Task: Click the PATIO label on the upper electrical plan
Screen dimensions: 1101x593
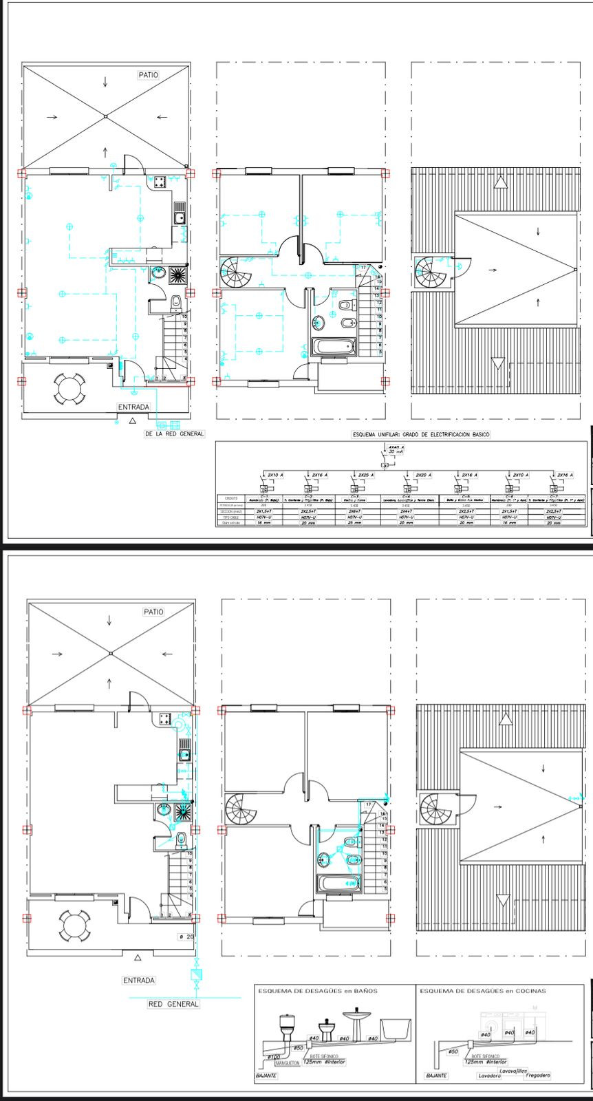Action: (147, 75)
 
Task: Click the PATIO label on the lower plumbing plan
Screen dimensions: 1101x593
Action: (153, 612)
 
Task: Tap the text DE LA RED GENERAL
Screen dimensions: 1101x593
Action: (174, 434)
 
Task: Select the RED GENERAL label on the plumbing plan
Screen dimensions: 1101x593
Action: (173, 1004)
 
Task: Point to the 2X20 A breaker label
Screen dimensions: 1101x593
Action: (424, 475)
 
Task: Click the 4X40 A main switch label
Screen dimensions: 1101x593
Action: (394, 447)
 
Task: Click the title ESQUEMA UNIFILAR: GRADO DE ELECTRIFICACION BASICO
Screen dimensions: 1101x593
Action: (420, 435)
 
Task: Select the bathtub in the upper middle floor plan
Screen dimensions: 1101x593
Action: (335, 347)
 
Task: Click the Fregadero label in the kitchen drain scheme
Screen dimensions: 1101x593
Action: (537, 1075)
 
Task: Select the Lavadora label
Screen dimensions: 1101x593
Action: (488, 1076)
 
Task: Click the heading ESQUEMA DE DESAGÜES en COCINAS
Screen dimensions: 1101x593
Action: (482, 991)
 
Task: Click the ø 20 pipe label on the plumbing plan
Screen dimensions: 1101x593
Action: (186, 937)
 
